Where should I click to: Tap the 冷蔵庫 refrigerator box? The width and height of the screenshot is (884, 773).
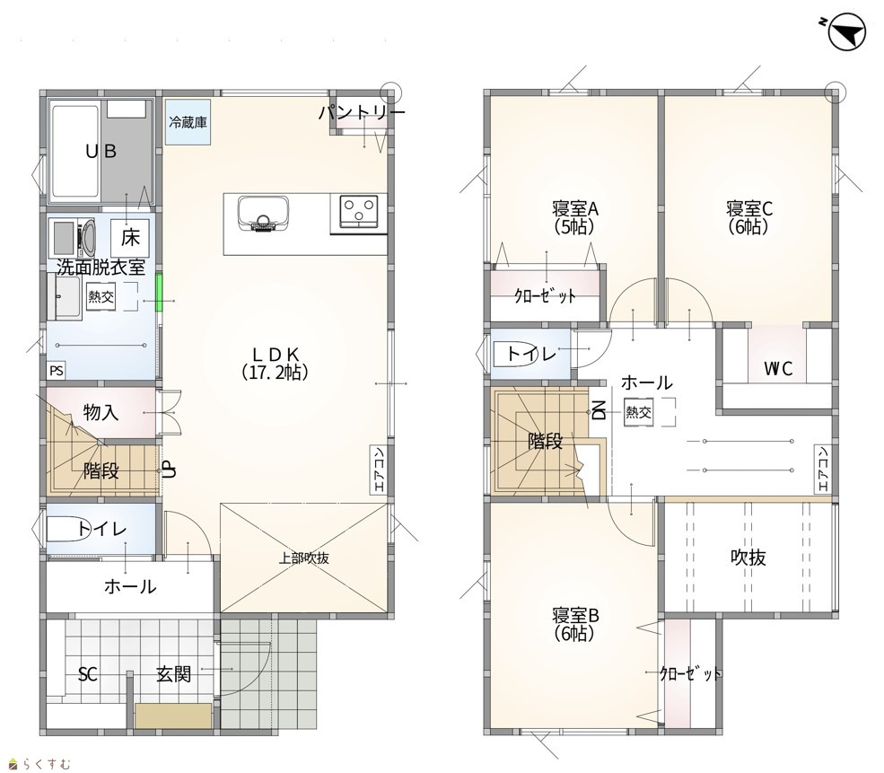pyautogui.click(x=188, y=122)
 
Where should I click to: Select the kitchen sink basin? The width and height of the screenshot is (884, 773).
pyautogui.click(x=263, y=214)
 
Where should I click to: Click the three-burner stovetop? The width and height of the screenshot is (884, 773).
pyautogui.click(x=359, y=213)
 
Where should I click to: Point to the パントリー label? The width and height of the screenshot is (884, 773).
pyautogui.click(x=362, y=113)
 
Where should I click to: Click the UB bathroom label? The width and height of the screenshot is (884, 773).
pyautogui.click(x=101, y=151)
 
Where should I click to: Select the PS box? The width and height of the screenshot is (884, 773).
pyautogui.click(x=57, y=371)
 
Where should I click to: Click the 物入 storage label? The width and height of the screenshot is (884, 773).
pyautogui.click(x=101, y=412)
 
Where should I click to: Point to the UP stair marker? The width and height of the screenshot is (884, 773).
pyautogui.click(x=168, y=470)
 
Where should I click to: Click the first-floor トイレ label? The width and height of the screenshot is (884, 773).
pyautogui.click(x=102, y=529)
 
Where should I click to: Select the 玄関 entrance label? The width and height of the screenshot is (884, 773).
pyautogui.click(x=173, y=673)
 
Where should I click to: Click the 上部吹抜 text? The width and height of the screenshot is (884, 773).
pyautogui.click(x=304, y=558)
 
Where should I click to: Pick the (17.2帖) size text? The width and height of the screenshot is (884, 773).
pyautogui.click(x=275, y=372)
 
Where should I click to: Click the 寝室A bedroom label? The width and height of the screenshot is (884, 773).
pyautogui.click(x=575, y=209)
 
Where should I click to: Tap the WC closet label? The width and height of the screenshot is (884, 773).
pyautogui.click(x=778, y=369)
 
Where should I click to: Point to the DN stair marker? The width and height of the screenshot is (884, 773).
pyautogui.click(x=599, y=410)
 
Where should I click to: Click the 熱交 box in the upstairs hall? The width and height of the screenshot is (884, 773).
pyautogui.click(x=638, y=412)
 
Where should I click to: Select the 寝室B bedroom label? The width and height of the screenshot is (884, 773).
pyautogui.click(x=575, y=615)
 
